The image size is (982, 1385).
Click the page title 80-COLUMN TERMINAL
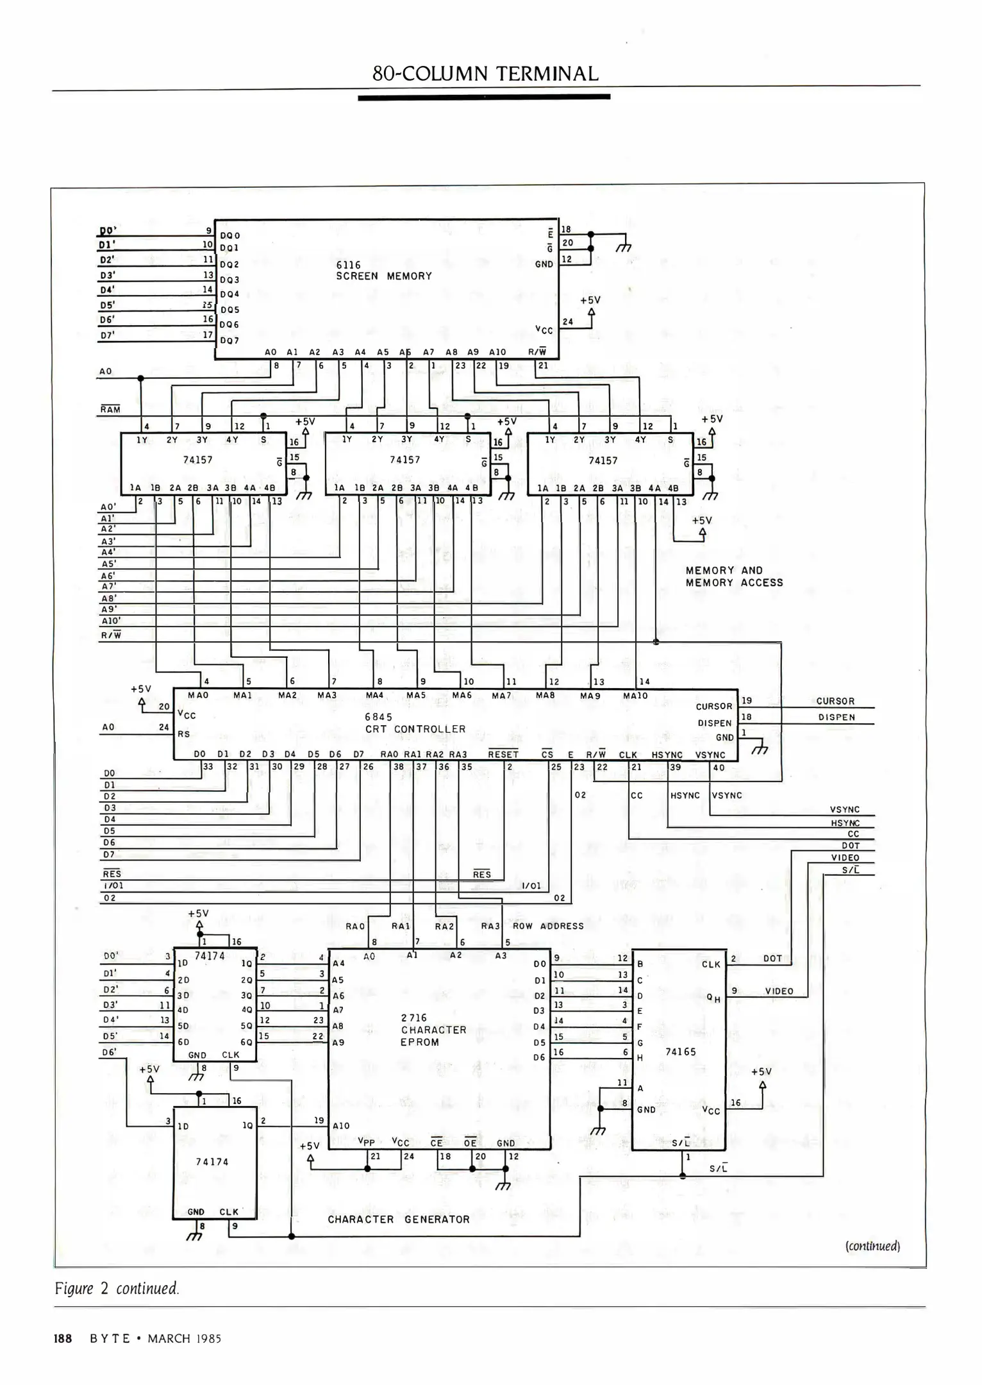(485, 74)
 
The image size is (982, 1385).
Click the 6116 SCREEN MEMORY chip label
(383, 271)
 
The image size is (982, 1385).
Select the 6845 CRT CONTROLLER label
(415, 723)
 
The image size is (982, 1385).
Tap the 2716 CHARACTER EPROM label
(433, 1030)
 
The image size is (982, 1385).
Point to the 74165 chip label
(680, 1052)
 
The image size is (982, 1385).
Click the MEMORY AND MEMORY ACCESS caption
(734, 576)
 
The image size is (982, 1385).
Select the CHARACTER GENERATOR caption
(399, 1220)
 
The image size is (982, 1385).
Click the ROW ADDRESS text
(548, 926)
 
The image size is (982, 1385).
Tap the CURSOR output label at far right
(835, 701)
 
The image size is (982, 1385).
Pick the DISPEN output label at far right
(836, 718)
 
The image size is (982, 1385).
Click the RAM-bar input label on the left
(110, 409)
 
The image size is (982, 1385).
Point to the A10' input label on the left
(111, 621)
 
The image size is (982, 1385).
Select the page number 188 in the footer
(62, 1339)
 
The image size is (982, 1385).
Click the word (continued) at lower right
(872, 1246)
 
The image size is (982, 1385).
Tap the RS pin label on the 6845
(184, 734)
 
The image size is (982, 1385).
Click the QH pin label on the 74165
(713, 998)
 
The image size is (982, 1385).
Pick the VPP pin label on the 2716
(366, 1142)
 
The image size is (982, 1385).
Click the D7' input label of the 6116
(107, 335)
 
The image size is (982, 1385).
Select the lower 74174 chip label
(212, 1162)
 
